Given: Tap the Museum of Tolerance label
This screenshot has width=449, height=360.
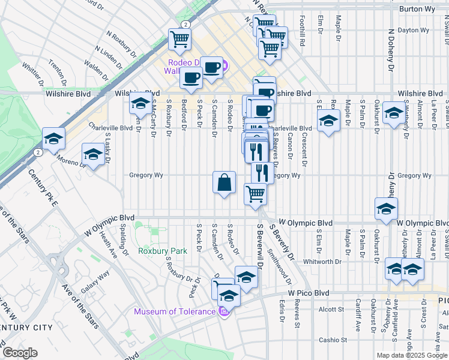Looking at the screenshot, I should point(174,311).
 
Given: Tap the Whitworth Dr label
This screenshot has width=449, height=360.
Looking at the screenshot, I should point(322,262).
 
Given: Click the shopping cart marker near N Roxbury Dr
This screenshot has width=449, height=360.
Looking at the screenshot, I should point(179,40).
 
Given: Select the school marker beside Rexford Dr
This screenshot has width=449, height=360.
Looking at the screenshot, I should point(328,122).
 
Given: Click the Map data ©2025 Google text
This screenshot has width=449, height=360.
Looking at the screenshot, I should point(412,355).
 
